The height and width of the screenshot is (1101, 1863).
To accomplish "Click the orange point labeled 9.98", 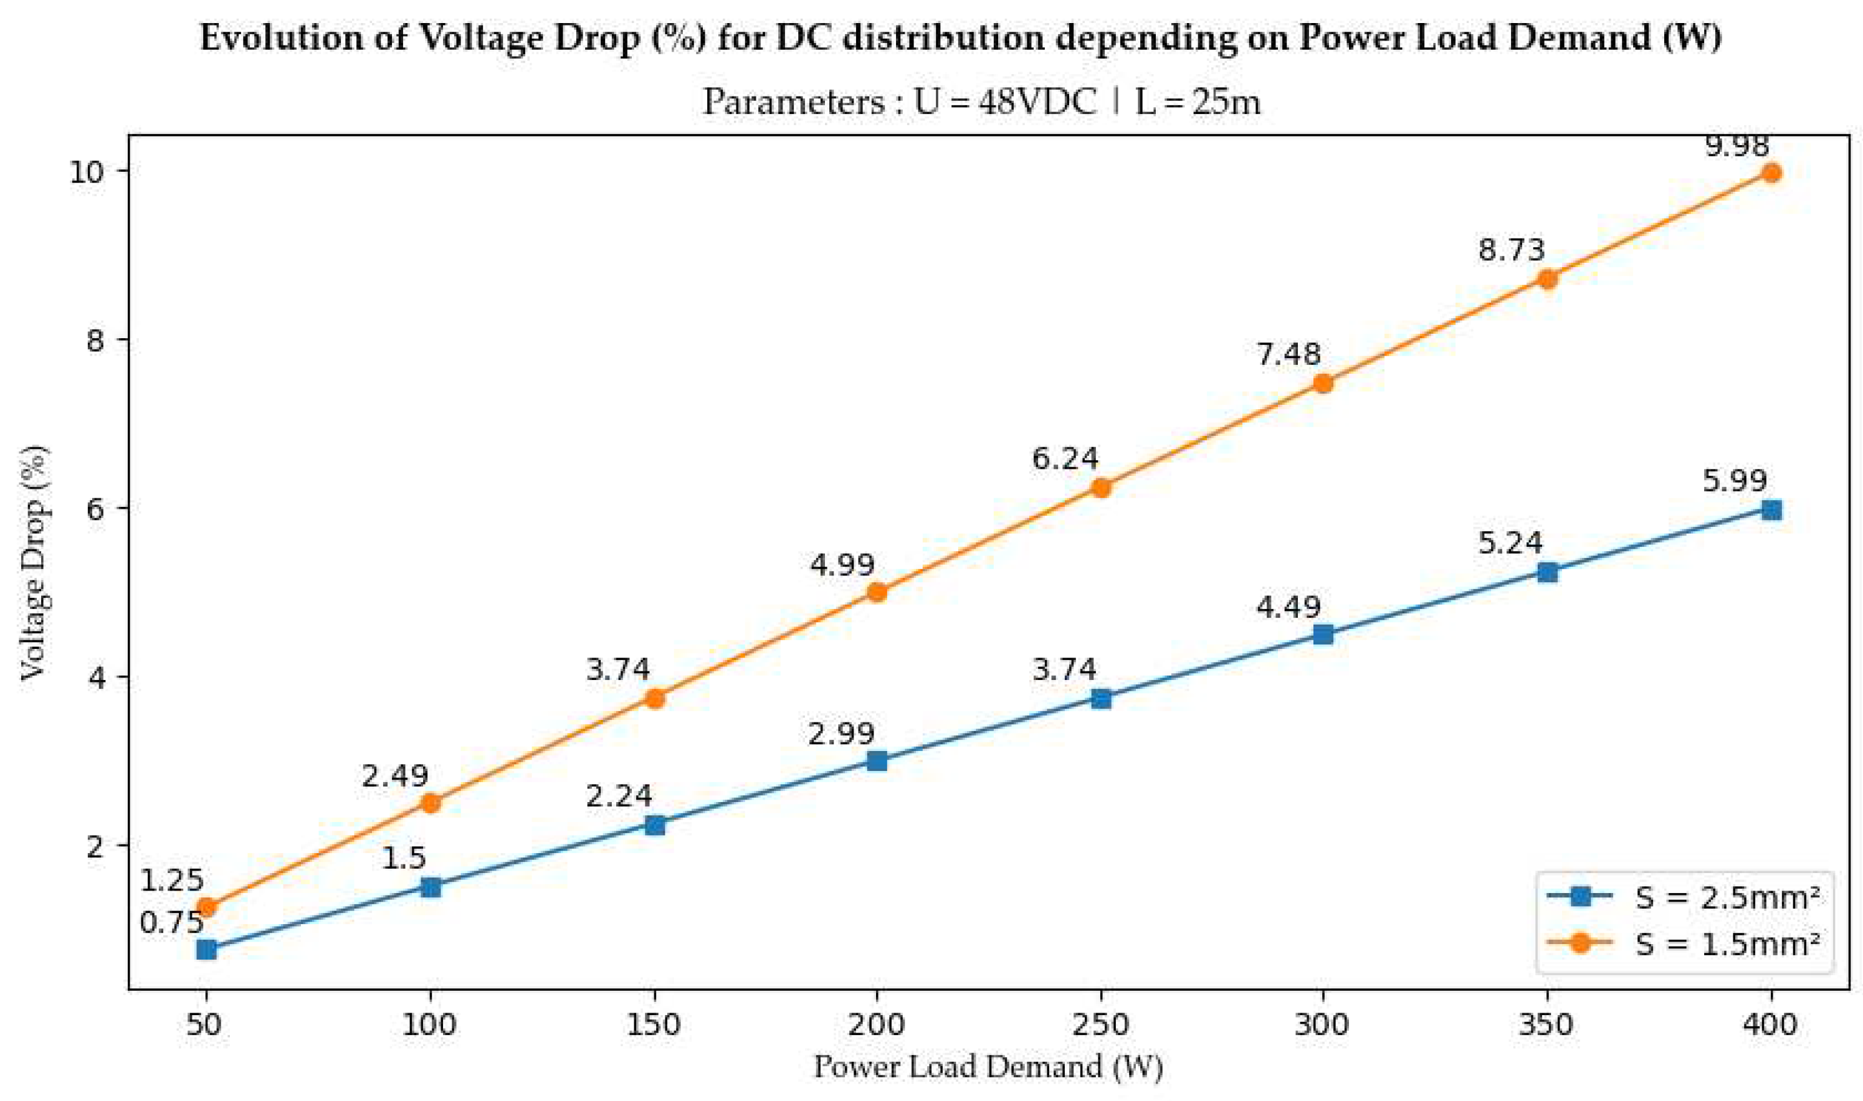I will point(1771,173).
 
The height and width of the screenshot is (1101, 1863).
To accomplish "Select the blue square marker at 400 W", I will point(1771,509).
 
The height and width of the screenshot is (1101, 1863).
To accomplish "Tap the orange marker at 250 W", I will point(1101,488).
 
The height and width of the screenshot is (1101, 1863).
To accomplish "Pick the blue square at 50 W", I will point(206,950).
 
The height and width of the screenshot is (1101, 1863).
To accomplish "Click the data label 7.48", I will point(1288,354).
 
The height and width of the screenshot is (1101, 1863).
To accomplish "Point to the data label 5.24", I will point(1510,543).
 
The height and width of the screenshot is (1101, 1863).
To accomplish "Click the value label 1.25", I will point(171,880).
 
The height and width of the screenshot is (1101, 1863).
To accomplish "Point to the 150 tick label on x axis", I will point(654,1024).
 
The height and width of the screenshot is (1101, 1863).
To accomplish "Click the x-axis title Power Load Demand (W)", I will point(987,1067).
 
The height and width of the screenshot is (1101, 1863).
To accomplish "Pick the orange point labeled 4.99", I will point(877,592).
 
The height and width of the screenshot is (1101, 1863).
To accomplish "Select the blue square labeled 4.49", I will point(1323,635).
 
